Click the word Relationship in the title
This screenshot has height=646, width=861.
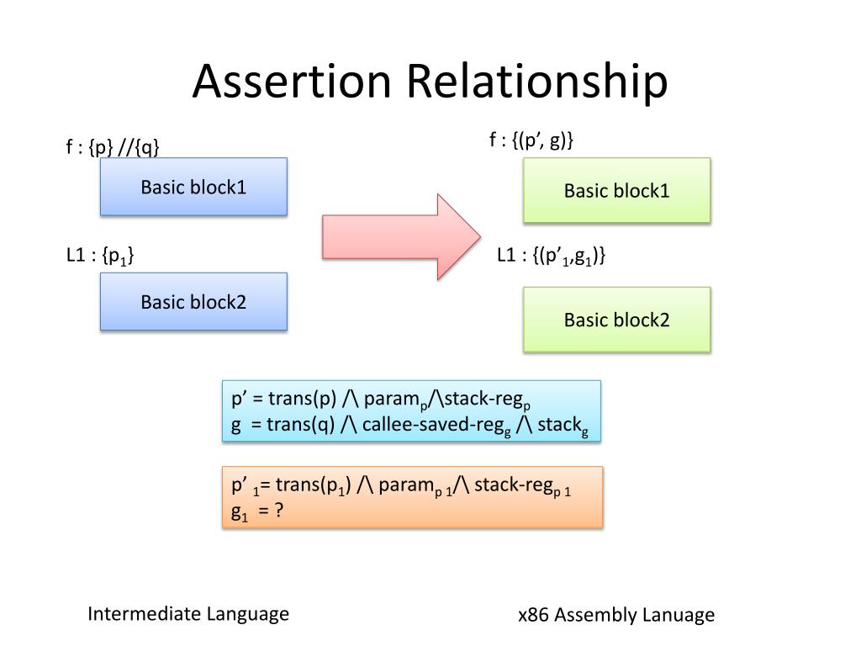pyautogui.click(x=538, y=82)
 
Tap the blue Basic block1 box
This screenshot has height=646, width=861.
pyautogui.click(x=193, y=187)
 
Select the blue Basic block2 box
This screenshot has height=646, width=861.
pyautogui.click(x=193, y=301)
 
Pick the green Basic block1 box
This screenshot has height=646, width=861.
pyautogui.click(x=616, y=191)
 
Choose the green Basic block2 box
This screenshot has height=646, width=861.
pyautogui.click(x=616, y=320)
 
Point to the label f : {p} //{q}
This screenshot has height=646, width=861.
pyautogui.click(x=113, y=147)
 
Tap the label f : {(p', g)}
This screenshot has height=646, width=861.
pyautogui.click(x=531, y=140)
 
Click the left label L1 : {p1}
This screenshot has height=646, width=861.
pyautogui.click(x=100, y=255)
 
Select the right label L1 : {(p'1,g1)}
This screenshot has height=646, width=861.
pyautogui.click(x=551, y=256)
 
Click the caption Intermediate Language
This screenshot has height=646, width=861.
pyautogui.click(x=188, y=614)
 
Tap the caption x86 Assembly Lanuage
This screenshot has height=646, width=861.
pyautogui.click(x=616, y=615)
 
